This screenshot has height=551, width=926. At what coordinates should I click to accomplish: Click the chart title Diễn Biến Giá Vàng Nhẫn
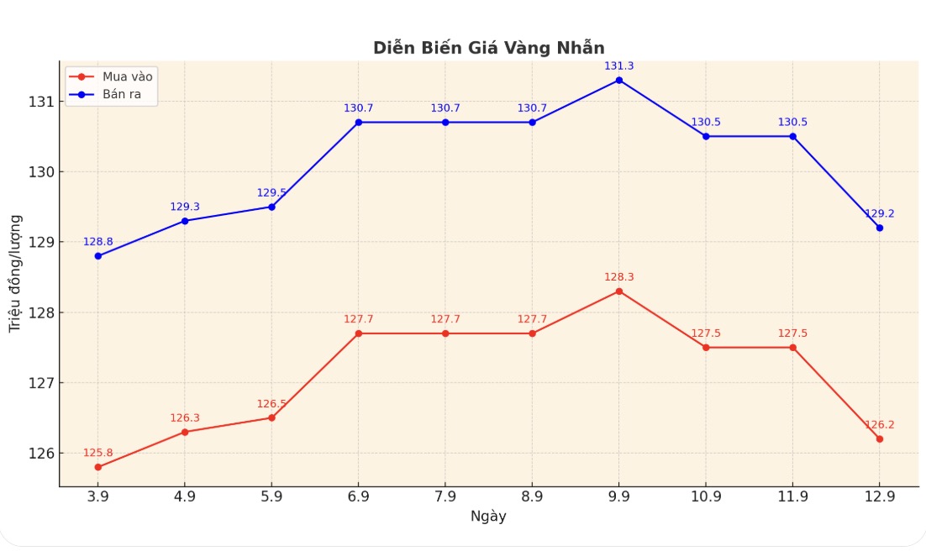[488, 48]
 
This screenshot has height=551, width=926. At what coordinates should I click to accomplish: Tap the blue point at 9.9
[619, 80]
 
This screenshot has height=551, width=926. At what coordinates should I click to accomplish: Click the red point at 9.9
[619, 291]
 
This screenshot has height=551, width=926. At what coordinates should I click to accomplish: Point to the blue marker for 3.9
[98, 256]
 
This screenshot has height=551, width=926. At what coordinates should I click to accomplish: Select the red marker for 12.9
[879, 439]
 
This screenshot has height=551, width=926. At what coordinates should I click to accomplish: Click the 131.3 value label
[619, 66]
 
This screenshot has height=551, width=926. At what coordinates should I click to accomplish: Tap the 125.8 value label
[98, 453]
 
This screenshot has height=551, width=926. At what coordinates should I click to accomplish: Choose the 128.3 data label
[619, 277]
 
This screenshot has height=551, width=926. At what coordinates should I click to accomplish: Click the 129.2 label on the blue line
[879, 213]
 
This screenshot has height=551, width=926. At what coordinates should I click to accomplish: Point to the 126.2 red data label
[879, 425]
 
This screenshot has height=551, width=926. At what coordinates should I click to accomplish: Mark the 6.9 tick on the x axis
[359, 496]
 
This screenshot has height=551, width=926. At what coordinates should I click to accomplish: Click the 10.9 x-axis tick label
[706, 496]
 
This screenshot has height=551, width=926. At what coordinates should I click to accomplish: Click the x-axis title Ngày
[488, 517]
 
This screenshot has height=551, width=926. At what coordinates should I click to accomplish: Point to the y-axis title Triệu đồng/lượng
[15, 272]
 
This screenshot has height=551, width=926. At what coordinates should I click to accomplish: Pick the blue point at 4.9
[185, 221]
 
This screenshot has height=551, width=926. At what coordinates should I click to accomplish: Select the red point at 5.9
[271, 417]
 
